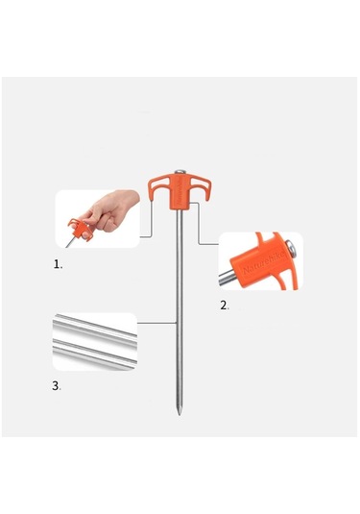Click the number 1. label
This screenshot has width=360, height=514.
pyautogui.click(x=59, y=263)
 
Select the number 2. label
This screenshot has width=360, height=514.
pyautogui.click(x=225, y=305)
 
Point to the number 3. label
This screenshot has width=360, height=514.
pyautogui.click(x=58, y=385)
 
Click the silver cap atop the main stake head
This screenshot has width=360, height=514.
pyautogui.click(x=180, y=175)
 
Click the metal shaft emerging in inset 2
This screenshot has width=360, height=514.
pyautogui.click(x=227, y=280)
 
